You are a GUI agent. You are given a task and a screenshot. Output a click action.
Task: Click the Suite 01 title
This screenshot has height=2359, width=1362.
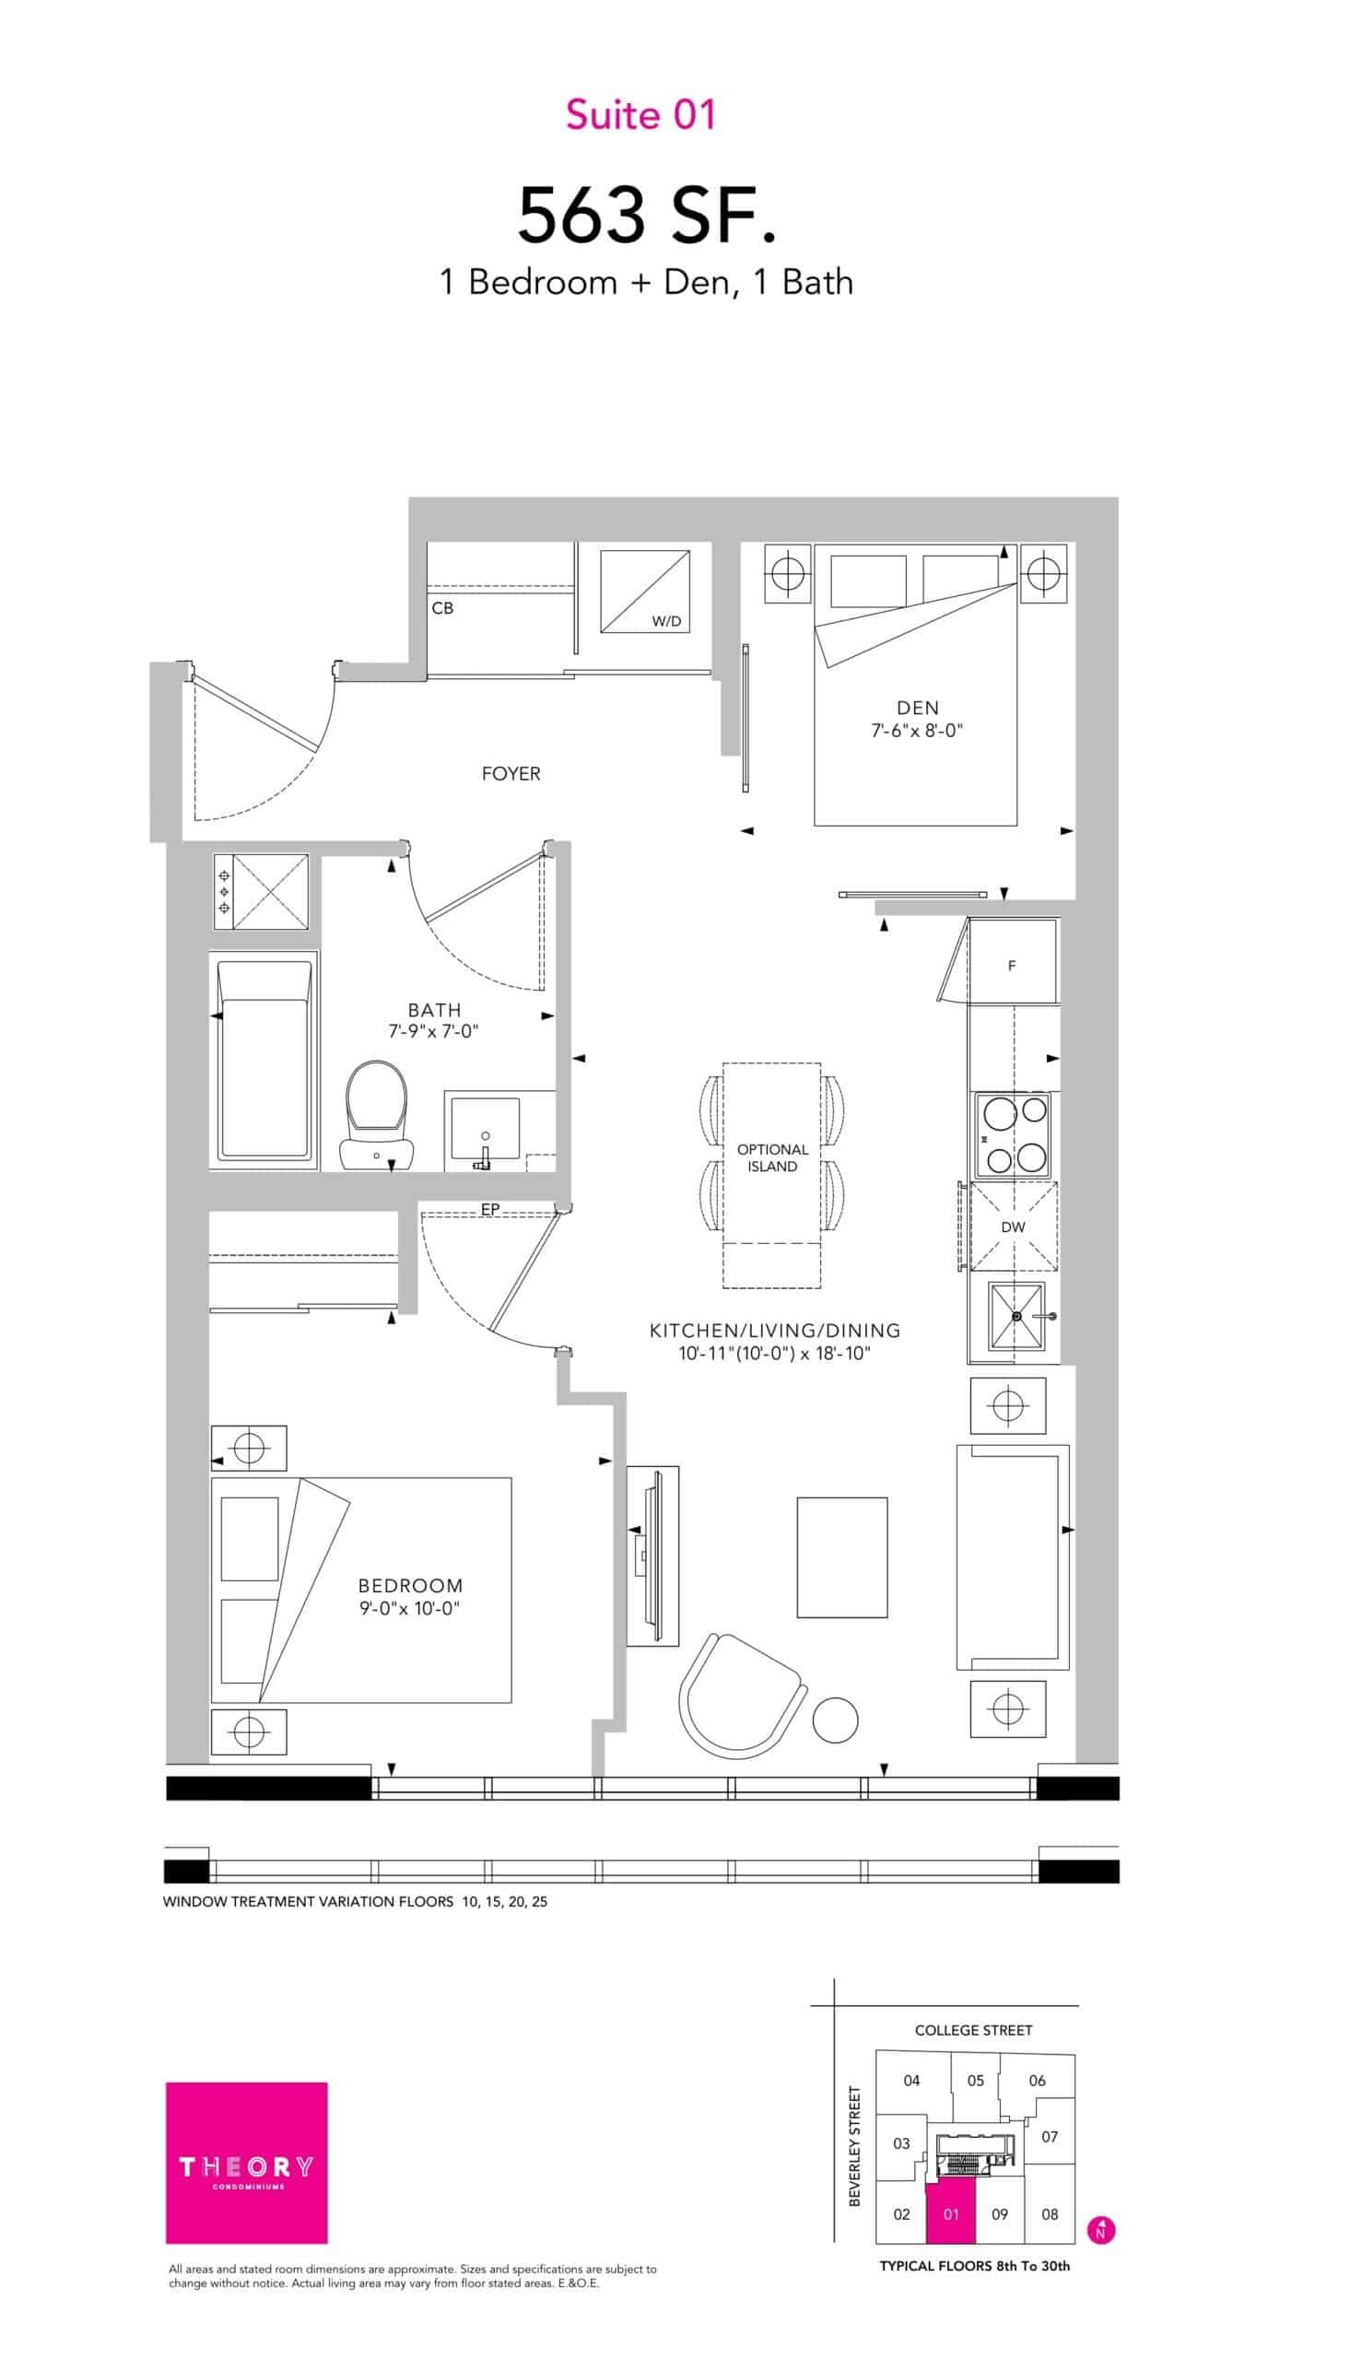point(640,115)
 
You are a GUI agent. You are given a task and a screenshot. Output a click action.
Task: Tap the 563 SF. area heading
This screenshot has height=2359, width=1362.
point(647,214)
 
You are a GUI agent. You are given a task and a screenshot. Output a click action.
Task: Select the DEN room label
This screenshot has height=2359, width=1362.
point(917,708)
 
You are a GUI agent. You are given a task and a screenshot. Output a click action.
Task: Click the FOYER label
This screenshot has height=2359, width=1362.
point(511,773)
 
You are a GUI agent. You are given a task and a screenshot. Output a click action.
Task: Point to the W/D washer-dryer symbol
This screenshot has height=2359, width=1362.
point(645,592)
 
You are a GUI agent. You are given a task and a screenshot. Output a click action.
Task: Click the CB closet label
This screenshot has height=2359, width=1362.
point(442,608)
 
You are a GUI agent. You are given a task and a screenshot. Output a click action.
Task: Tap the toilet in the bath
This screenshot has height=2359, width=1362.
point(377,1115)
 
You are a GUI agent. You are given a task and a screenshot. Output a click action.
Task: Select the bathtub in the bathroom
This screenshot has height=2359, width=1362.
point(264,1060)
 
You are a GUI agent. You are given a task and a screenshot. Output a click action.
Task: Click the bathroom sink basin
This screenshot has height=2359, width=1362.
point(486,1129)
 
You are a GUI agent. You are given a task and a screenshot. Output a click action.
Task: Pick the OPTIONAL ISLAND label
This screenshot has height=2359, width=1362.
point(772,1158)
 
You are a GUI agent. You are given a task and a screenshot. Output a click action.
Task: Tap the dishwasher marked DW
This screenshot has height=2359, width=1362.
point(1013,1226)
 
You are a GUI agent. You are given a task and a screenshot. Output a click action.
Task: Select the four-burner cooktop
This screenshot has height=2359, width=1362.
point(1013,1134)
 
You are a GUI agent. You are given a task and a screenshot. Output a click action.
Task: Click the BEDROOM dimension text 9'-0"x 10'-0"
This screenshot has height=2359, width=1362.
point(411,1609)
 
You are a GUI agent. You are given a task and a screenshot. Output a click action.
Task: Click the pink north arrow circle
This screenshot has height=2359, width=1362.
point(1101,2230)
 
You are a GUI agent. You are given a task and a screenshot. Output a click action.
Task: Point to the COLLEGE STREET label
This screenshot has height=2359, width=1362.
point(973,2030)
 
